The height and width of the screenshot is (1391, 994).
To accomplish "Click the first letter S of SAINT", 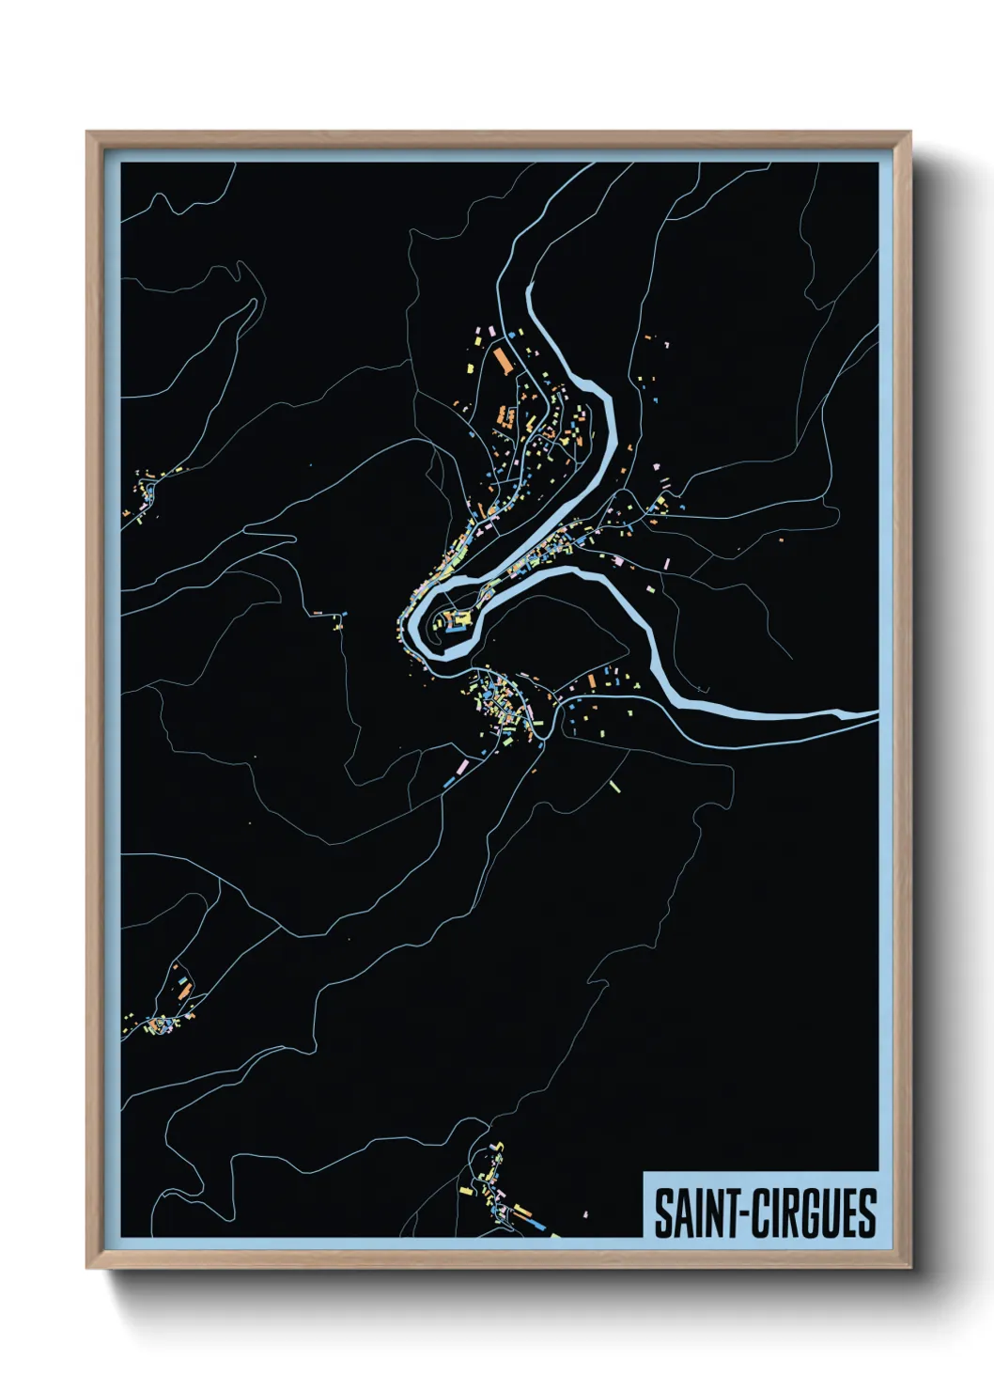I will point(661,1213).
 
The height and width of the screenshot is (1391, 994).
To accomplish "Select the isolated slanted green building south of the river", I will point(615,786).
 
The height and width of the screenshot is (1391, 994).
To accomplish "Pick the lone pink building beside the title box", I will point(584,1214).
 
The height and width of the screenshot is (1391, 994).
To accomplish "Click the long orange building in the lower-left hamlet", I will point(186,990).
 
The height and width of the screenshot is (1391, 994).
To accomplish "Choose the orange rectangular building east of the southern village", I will point(592,681).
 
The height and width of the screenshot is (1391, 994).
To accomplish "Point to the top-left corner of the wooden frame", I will point(88,133).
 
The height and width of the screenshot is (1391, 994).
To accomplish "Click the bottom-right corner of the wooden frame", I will point(909,1267).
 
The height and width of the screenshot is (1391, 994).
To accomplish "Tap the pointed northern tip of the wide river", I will point(531,284).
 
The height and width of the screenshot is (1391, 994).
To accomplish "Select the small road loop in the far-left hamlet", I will point(149,492).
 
